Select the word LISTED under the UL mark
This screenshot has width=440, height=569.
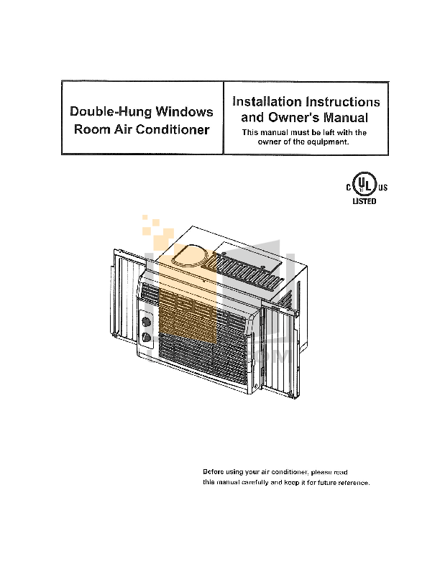click(x=363, y=202)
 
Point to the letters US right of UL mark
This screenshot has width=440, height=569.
click(x=382, y=188)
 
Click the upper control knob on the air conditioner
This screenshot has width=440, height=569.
click(x=147, y=322)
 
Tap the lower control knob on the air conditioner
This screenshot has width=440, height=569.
click(x=147, y=337)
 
